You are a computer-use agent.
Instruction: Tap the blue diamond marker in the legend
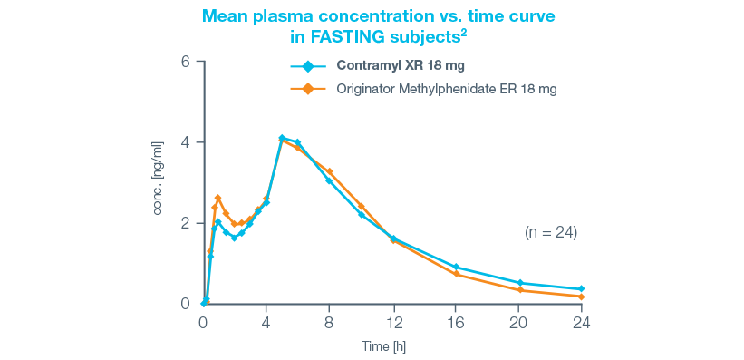[x=306, y=66]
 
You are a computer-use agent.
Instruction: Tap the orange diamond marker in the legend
[x=306, y=89]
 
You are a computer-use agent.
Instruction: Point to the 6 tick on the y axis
[x=185, y=62]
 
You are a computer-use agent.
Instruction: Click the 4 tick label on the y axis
[x=185, y=142]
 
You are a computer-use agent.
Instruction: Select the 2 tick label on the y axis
[x=185, y=223]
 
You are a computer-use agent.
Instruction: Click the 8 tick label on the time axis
[x=329, y=322]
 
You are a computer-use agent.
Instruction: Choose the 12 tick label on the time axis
[x=392, y=322]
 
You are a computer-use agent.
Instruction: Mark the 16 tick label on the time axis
[x=456, y=322]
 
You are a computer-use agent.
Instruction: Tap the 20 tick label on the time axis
[x=518, y=322]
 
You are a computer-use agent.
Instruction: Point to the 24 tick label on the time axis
[x=581, y=322]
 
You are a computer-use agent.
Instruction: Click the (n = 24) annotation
[x=551, y=232]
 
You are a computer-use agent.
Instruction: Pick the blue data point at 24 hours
[x=581, y=289]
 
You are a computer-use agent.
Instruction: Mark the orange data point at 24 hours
[x=581, y=297]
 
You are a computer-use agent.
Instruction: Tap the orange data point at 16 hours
[x=456, y=274]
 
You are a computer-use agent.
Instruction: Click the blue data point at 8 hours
[x=329, y=180]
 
